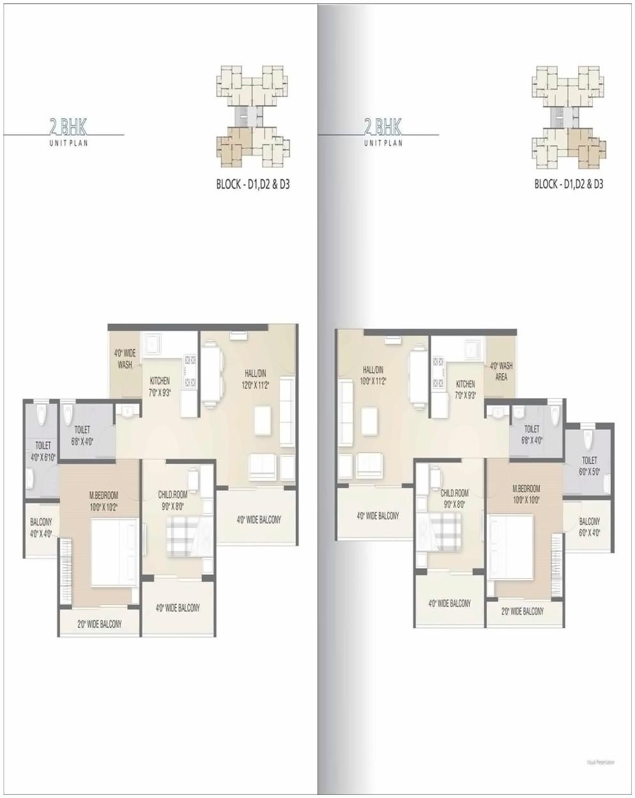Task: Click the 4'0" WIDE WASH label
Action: click(125, 359)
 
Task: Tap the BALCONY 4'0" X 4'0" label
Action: click(41, 528)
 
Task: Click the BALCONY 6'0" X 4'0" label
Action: click(589, 526)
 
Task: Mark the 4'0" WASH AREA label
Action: click(501, 371)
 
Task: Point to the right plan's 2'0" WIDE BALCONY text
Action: click(523, 611)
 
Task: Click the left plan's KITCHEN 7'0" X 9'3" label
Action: click(160, 387)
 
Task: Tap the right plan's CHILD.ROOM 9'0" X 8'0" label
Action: click(454, 498)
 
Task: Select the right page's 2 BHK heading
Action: click(383, 127)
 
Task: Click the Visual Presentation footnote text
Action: click(601, 762)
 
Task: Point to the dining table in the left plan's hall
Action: click(211, 376)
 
